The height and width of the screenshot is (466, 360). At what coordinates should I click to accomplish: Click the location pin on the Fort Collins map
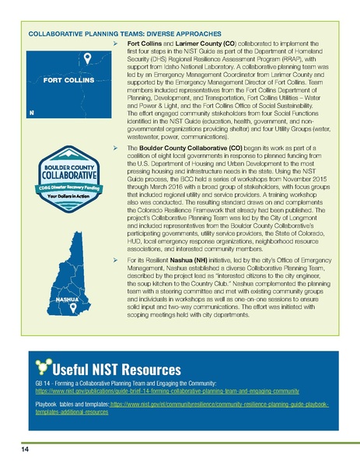89,58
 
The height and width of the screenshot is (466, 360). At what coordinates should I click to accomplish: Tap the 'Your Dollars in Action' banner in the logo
63,194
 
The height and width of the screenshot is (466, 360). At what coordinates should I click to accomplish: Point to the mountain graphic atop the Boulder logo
64,151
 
